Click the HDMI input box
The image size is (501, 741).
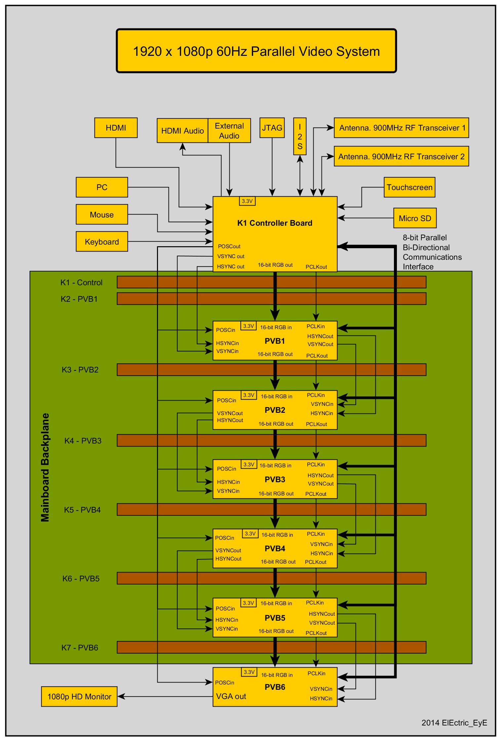tap(116, 128)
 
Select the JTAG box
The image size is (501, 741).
tap(272, 128)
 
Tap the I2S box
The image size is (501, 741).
tap(300, 136)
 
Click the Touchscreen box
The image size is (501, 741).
tap(409, 187)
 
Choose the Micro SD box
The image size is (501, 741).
tap(415, 218)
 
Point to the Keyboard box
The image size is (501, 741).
tap(102, 242)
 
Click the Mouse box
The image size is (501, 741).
tap(102, 215)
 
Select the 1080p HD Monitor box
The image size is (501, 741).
tap(79, 697)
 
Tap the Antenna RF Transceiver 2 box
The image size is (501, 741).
tap(401, 157)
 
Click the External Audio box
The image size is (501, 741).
tap(229, 131)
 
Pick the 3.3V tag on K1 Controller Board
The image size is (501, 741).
tap(247, 201)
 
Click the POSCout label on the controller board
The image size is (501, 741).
tap(229, 247)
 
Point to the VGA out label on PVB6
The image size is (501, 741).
tap(231, 697)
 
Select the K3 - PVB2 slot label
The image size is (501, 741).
tap(80, 370)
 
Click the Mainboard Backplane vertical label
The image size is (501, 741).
tap(45, 467)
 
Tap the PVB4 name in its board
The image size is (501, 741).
tap(275, 549)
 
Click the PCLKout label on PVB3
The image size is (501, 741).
tap(316, 494)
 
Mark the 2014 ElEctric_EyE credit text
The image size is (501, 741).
tap(454, 723)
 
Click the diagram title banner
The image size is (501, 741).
tap(256, 51)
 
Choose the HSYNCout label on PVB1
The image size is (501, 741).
tap(320, 336)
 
